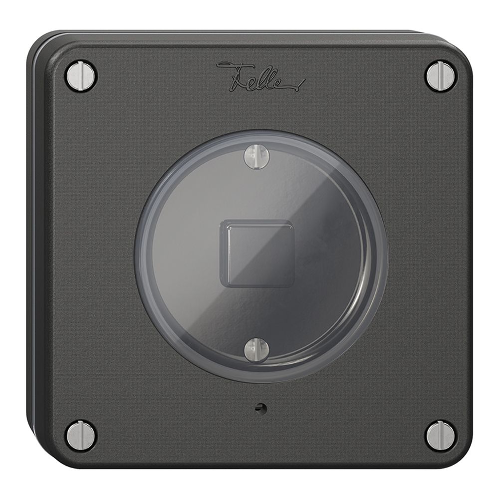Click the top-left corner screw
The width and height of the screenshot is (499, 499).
click(x=81, y=76)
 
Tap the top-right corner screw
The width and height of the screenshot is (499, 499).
click(x=441, y=76)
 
